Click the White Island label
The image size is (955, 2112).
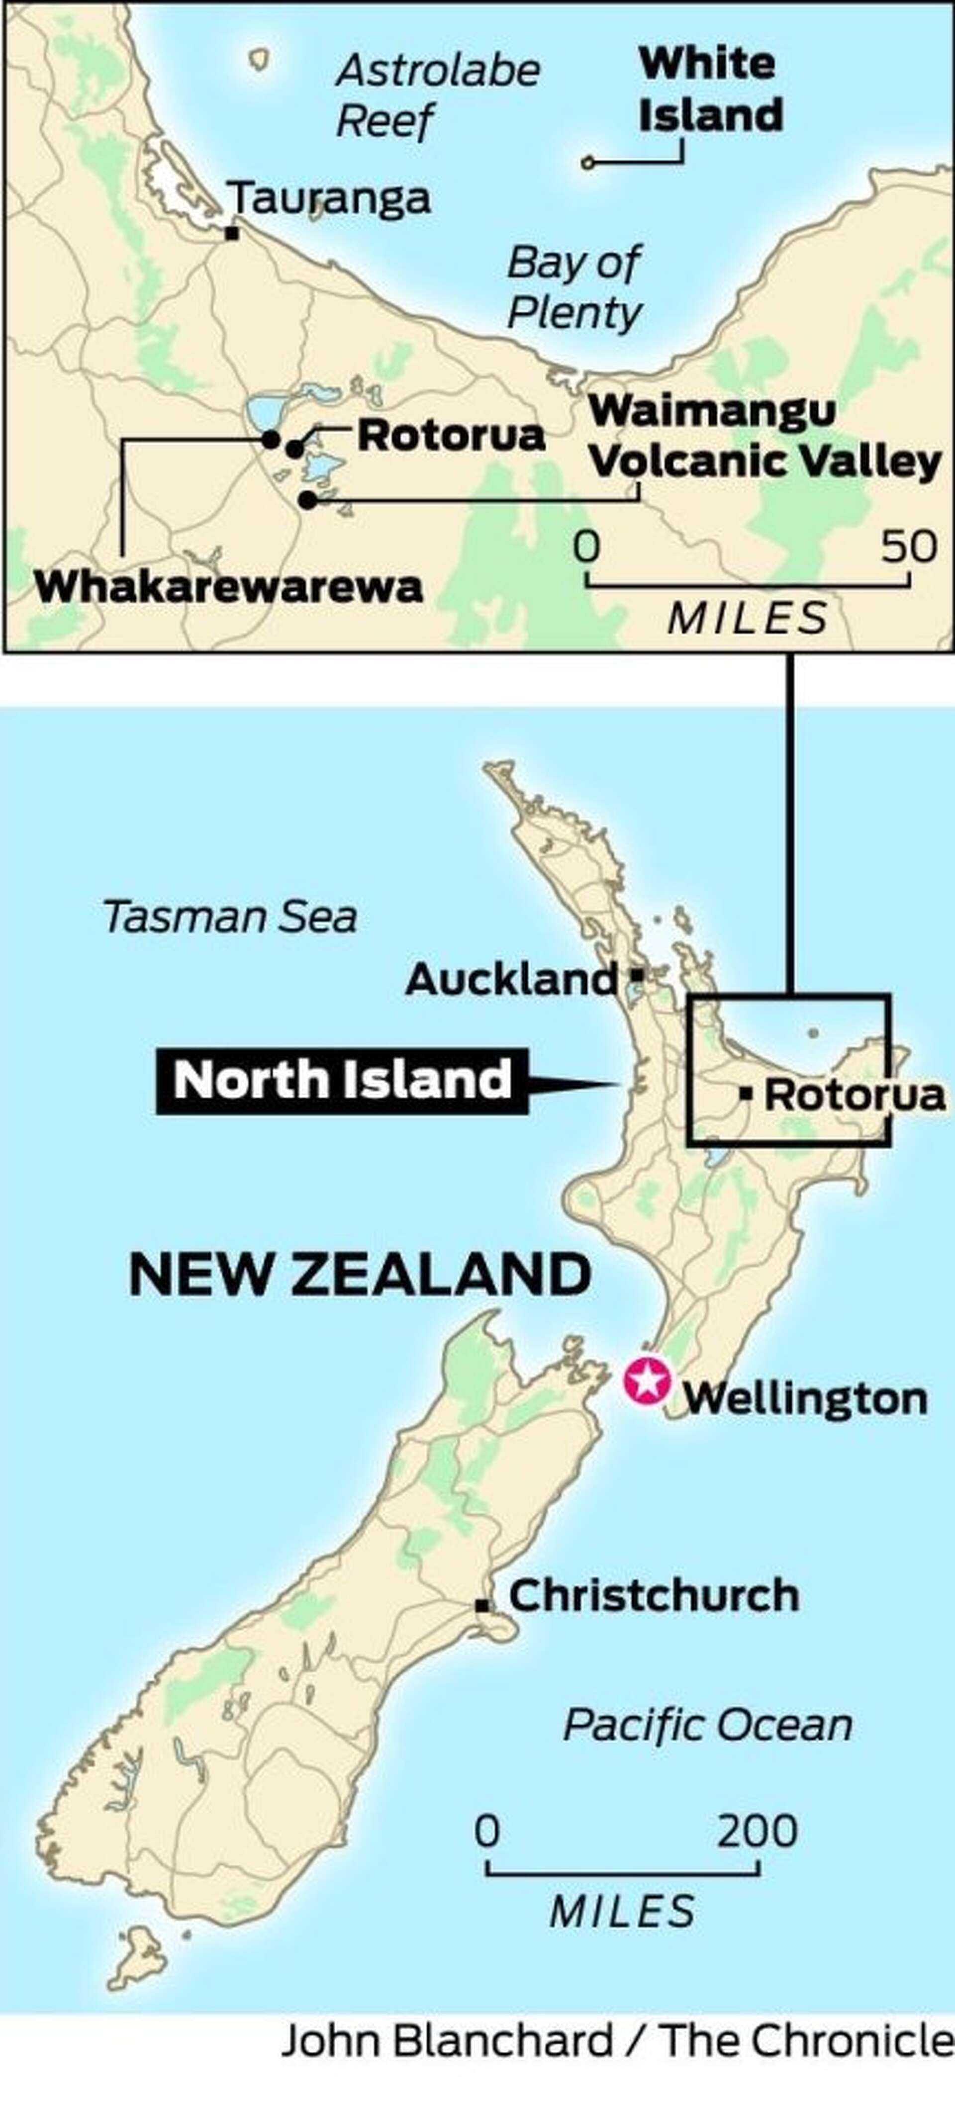click(710, 90)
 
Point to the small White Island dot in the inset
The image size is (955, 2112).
click(587, 163)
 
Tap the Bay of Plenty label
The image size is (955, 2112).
click(574, 287)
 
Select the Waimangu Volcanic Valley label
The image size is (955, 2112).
click(764, 436)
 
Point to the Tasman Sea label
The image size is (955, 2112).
click(229, 917)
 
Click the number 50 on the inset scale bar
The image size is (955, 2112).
click(908, 546)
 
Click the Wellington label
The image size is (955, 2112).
click(805, 1398)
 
